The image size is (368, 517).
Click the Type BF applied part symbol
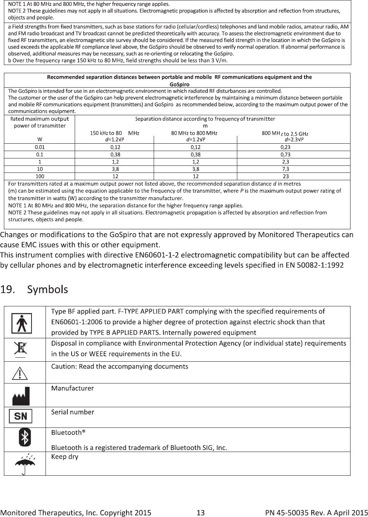coord(24,323)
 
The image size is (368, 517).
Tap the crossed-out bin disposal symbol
coord(20,349)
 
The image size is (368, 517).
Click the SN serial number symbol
coord(21,417)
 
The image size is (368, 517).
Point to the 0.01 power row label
coord(40,147)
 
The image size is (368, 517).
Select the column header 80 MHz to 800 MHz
coord(195,133)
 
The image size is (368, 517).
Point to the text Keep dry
coord(65,457)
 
